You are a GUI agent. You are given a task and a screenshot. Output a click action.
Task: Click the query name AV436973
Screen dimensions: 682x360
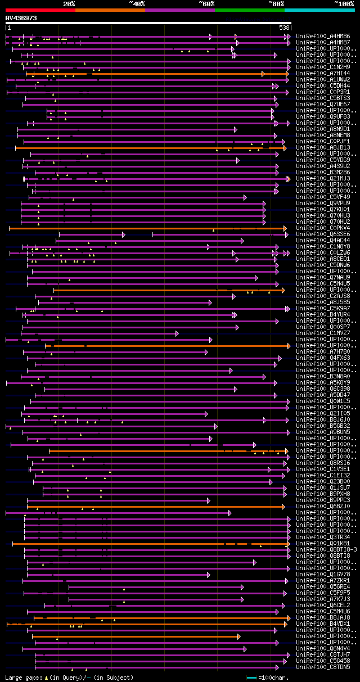click(x=21, y=18)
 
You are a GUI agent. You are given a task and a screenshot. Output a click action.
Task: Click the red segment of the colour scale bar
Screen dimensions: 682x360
click(x=40, y=10)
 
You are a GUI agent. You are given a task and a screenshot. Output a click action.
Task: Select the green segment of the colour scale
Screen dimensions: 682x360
click(x=249, y=10)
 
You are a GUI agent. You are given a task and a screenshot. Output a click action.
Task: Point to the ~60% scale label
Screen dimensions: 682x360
click(x=206, y=3)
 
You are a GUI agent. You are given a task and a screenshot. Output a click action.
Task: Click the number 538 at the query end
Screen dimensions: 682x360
click(x=284, y=28)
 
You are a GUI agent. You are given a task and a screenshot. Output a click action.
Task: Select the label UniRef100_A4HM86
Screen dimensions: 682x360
click(x=323, y=36)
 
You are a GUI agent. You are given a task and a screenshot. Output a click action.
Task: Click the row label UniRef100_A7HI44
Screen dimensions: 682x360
click(x=323, y=73)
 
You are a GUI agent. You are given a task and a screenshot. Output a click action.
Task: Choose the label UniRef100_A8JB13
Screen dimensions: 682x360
click(x=323, y=147)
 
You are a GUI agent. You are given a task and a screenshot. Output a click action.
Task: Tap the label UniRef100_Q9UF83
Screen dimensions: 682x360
click(x=323, y=116)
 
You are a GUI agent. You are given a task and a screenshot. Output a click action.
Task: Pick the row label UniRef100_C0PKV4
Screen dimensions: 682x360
click(x=323, y=228)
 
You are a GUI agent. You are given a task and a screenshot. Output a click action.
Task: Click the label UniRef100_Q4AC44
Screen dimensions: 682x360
click(x=323, y=240)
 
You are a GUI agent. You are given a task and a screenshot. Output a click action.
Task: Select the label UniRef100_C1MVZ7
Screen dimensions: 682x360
click(x=323, y=333)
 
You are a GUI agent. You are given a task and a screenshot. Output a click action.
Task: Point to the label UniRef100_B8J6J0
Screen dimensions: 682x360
click(x=323, y=419)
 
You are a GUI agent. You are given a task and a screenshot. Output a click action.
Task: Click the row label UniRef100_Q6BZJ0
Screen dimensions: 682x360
click(x=323, y=506)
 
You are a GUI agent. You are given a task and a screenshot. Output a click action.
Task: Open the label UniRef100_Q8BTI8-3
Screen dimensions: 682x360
click(x=326, y=549)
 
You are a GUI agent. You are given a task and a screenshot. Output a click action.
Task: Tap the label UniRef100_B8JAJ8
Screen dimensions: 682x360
click(x=323, y=617)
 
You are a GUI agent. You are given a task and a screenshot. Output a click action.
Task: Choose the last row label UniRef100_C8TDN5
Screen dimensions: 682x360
click(x=323, y=667)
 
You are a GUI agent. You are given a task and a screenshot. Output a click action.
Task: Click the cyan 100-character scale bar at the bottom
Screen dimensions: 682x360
click(x=251, y=678)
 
